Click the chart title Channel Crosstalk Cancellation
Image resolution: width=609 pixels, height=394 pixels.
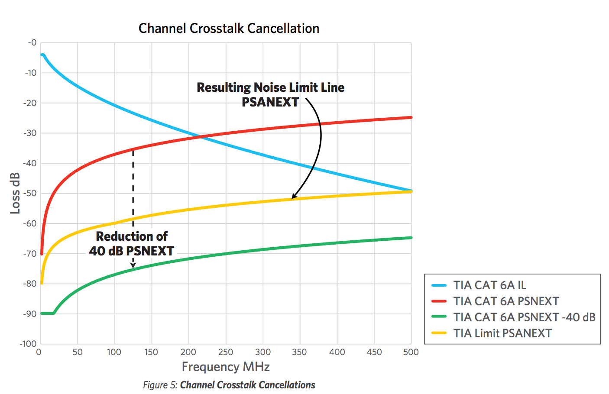pyautogui.click(x=229, y=29)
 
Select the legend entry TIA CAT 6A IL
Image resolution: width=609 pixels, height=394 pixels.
pyautogui.click(x=489, y=285)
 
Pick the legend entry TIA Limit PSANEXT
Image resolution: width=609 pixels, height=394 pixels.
pyautogui.click(x=502, y=333)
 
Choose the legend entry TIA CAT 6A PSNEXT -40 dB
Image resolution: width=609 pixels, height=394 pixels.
pyautogui.click(x=524, y=317)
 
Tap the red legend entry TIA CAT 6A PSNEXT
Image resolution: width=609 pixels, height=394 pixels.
pyautogui.click(x=506, y=301)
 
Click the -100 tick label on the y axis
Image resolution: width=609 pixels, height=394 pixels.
pyautogui.click(x=28, y=344)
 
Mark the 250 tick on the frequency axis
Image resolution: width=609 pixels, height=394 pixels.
pyautogui.click(x=226, y=352)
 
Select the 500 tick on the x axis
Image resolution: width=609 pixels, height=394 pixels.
pyautogui.click(x=411, y=352)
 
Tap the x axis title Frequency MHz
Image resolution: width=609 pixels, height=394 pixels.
pyautogui.click(x=226, y=367)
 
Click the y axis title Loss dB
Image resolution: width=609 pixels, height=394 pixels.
pyautogui.click(x=15, y=193)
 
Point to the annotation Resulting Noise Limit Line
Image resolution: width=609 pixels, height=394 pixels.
pyautogui.click(x=270, y=87)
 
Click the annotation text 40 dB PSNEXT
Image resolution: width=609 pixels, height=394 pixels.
pyautogui.click(x=132, y=251)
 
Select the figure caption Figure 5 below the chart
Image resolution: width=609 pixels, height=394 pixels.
pyautogui.click(x=229, y=385)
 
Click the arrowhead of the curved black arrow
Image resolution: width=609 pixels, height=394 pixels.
pyautogui.click(x=293, y=197)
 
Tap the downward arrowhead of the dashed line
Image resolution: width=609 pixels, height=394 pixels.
pyautogui.click(x=133, y=265)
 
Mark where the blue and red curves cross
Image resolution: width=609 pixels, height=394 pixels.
pyautogui.click(x=201, y=137)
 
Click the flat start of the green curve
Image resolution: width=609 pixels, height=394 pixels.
pyautogui.click(x=47, y=313)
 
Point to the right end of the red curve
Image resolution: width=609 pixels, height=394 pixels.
pyautogui.click(x=411, y=117)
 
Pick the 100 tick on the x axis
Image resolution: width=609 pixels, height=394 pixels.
pyautogui.click(x=114, y=352)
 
